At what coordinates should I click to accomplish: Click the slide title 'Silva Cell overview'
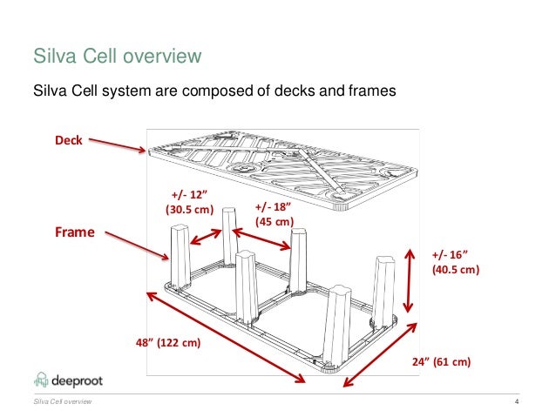(117, 57)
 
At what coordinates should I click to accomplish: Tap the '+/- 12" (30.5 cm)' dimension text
(189, 202)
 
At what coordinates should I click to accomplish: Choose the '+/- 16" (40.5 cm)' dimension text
(455, 261)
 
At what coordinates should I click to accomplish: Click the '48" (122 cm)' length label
(168, 343)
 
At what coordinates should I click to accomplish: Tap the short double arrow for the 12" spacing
(207, 237)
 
